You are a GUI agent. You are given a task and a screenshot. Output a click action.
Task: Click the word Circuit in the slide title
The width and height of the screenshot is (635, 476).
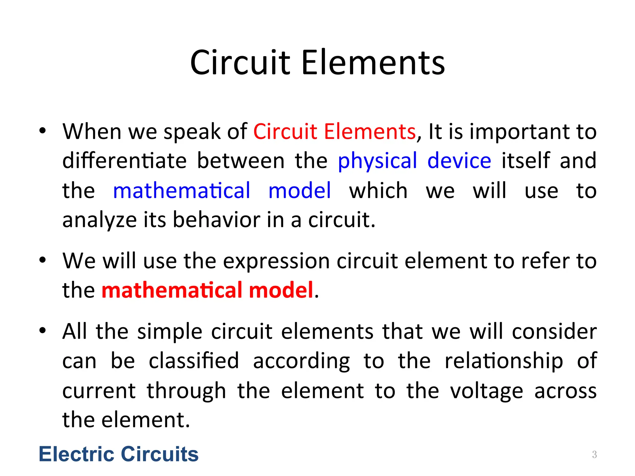click(x=240, y=63)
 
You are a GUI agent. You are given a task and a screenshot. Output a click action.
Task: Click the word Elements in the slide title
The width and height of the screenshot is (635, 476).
click(x=373, y=63)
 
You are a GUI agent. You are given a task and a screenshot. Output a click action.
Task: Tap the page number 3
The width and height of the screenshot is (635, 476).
click(x=594, y=454)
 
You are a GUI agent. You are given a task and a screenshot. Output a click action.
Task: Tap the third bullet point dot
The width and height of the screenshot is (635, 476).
click(x=42, y=331)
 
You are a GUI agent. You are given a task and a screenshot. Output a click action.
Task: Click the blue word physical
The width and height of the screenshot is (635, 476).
click(x=377, y=161)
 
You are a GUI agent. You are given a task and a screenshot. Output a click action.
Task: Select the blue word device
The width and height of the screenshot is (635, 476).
click(x=459, y=161)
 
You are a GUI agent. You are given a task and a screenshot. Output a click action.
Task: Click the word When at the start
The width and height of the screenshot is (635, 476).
click(x=92, y=131)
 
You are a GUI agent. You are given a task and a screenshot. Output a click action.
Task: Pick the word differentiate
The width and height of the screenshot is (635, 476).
click(x=124, y=161)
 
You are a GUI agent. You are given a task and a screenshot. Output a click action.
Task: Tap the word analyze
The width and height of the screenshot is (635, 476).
click(x=99, y=220)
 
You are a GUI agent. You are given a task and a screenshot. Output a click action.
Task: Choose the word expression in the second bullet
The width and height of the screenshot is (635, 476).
click(x=276, y=261)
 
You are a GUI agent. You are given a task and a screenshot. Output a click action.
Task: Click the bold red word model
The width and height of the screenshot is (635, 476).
click(x=281, y=290)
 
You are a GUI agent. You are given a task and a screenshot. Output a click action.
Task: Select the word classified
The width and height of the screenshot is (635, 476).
click(x=194, y=361)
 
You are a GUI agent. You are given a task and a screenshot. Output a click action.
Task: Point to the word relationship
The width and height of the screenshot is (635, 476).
click(x=504, y=361)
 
